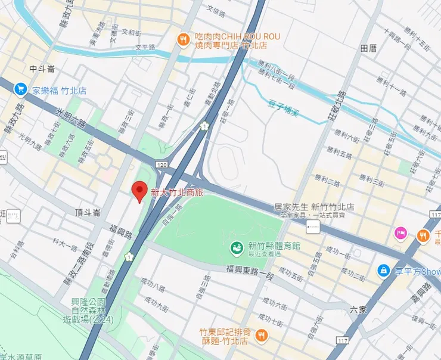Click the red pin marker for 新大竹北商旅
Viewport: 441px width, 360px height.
pyautogui.click(x=139, y=191)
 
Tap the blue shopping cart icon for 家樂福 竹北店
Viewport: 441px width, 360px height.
pyautogui.click(x=21, y=90)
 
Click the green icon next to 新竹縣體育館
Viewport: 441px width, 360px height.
pyautogui.click(x=237, y=246)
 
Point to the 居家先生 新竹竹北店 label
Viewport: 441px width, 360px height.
pyautogui.click(x=313, y=207)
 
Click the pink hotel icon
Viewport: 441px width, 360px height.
pyautogui.click(x=401, y=234)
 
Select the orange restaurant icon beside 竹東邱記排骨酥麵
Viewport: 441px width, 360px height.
pyautogui.click(x=260, y=337)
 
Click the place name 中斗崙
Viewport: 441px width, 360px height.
pyautogui.click(x=42, y=69)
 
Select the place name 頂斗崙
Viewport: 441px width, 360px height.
pyautogui.click(x=88, y=212)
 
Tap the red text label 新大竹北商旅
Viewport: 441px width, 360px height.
pyautogui.click(x=177, y=193)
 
